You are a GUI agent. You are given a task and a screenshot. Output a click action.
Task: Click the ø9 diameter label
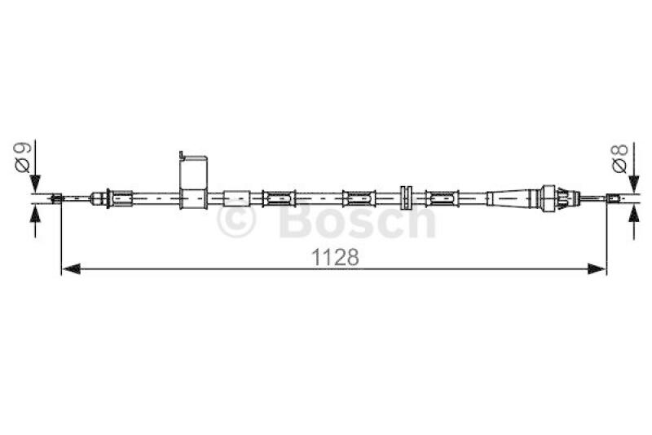point(23,158)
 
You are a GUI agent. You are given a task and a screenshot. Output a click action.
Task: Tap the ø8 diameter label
point(619,158)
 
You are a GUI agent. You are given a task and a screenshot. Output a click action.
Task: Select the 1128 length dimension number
point(335,257)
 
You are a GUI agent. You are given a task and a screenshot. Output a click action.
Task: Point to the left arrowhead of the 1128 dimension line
point(71,269)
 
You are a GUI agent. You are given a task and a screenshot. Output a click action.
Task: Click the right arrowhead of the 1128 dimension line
point(597,269)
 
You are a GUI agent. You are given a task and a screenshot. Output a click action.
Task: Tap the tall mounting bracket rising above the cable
point(193,180)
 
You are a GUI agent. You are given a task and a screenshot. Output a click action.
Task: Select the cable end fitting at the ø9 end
point(56,198)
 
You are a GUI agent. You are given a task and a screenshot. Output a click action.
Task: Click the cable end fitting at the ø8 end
point(613,198)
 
